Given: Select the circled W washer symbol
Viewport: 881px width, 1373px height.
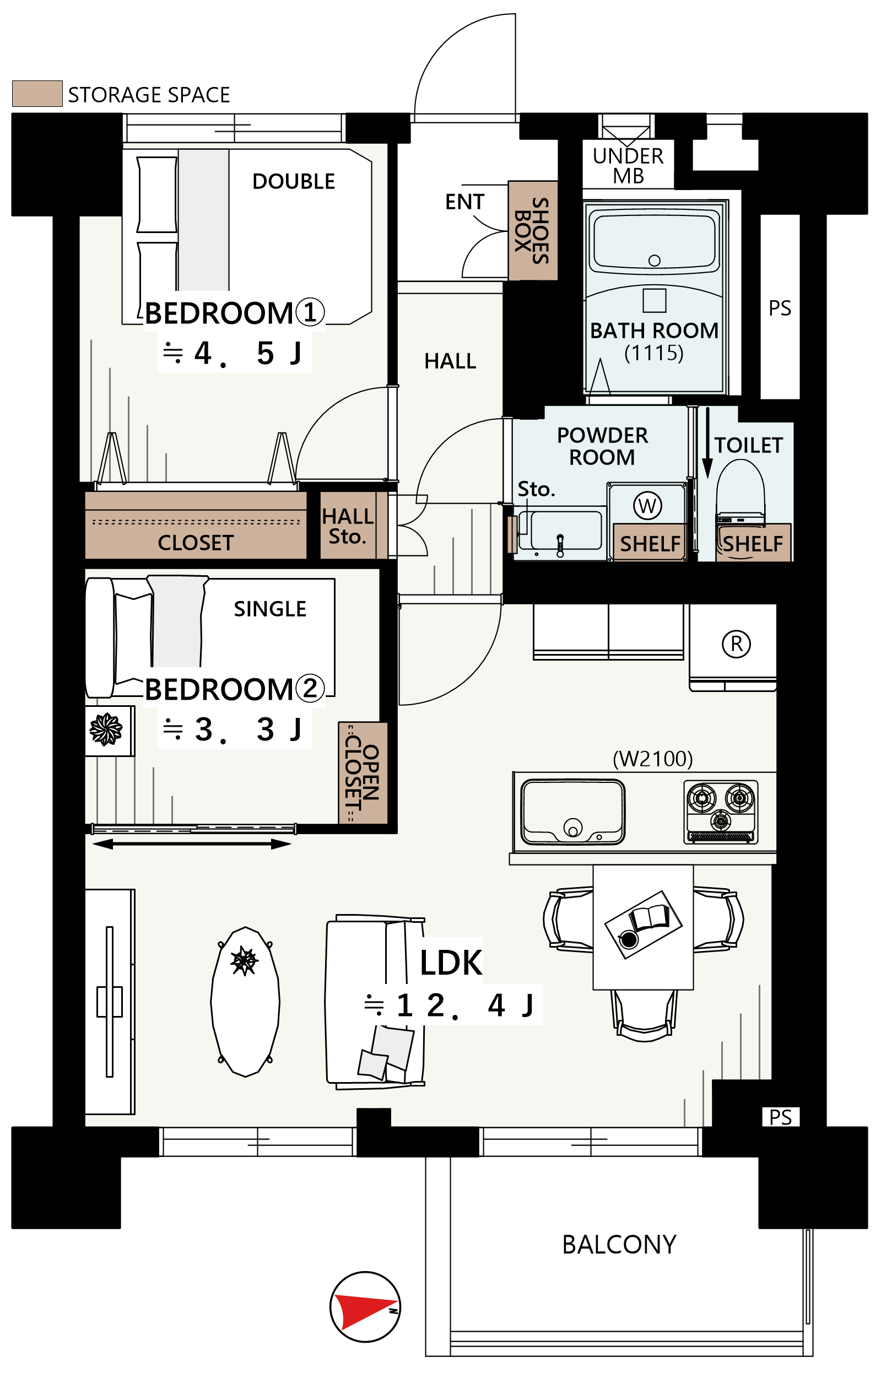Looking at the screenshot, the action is tap(647, 505).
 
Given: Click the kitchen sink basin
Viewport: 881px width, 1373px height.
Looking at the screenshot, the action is tap(573, 812).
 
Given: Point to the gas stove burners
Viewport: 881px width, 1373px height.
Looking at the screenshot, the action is tap(721, 812).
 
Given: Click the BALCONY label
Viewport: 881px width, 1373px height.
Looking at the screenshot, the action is tap(619, 1245).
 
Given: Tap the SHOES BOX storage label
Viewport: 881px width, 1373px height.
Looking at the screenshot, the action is tap(532, 230).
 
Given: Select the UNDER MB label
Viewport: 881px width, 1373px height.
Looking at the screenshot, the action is tap(628, 166).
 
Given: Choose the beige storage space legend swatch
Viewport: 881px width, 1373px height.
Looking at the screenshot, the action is tap(37, 93).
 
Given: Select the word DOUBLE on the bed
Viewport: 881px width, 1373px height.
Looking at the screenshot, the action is tap(294, 181).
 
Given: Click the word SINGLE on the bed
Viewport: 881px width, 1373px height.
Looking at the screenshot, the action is tap(270, 609).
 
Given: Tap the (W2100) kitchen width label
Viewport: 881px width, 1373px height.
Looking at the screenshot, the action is tap(653, 759).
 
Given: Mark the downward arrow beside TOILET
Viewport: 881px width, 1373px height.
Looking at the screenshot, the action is tap(707, 443).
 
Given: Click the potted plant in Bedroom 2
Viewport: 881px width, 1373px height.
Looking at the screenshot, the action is tap(106, 730).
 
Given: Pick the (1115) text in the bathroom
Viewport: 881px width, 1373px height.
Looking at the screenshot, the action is tap(654, 353).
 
